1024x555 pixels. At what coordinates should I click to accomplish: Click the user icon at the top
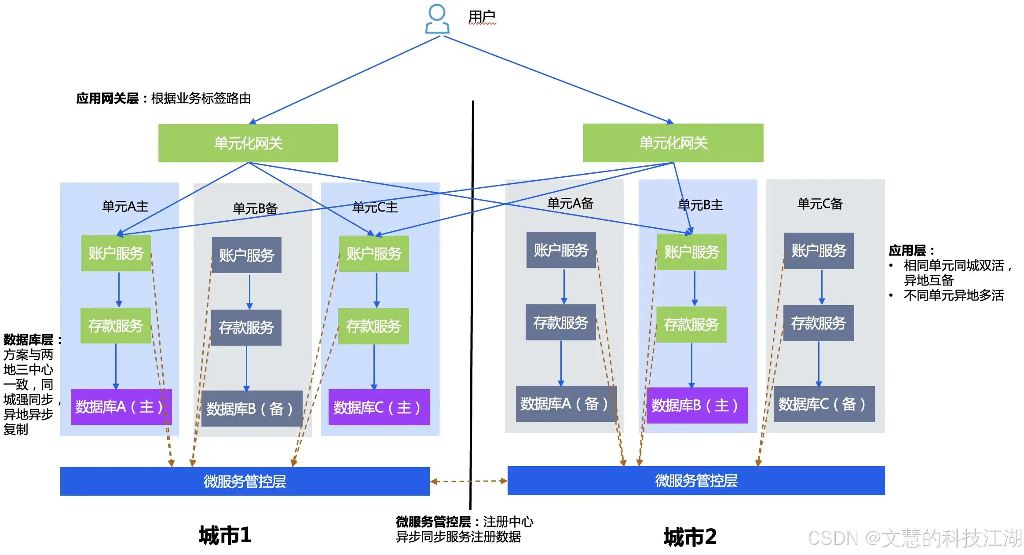point(437,19)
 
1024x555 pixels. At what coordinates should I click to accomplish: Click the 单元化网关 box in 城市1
point(248,143)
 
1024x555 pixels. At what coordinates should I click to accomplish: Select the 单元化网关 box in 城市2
point(673,143)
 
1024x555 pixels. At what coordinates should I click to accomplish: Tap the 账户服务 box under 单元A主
point(116,253)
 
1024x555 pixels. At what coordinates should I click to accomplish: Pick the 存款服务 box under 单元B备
point(246,328)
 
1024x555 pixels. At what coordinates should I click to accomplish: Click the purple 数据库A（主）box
point(121,407)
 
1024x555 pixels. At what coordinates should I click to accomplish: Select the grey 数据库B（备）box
point(252,409)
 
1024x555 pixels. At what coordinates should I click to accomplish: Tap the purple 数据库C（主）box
point(379,407)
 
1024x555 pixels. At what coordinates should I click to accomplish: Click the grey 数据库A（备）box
point(566,404)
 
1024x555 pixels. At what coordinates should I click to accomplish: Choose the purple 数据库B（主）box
point(697,405)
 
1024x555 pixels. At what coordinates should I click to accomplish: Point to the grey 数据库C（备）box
point(824,404)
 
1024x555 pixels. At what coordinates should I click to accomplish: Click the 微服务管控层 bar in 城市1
point(245,481)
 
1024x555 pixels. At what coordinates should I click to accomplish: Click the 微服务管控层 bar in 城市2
point(696,481)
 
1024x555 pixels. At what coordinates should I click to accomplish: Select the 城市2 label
point(690,537)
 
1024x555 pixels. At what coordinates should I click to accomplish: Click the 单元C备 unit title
point(820,204)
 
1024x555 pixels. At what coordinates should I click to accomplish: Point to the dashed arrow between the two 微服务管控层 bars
point(469,481)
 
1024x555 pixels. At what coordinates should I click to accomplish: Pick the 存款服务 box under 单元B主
point(691,325)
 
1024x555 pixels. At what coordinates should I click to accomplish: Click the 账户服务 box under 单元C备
point(819,251)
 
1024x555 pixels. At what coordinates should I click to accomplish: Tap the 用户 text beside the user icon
point(482,17)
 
